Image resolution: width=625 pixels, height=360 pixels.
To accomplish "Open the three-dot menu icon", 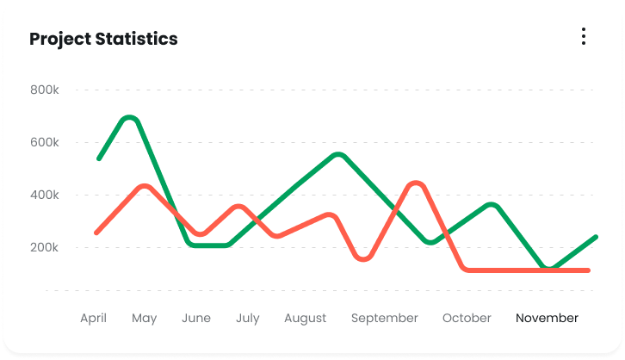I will (x=584, y=36).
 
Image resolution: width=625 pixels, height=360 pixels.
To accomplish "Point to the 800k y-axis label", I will (x=45, y=90).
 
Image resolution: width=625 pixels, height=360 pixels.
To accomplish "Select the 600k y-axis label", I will (x=45, y=142).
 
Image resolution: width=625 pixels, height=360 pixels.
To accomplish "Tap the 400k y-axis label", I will (x=45, y=195).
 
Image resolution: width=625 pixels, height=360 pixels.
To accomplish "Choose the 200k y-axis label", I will (x=45, y=247).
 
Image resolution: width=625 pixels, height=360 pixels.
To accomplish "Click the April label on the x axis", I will (x=93, y=318).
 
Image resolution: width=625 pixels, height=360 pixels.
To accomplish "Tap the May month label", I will (x=145, y=318).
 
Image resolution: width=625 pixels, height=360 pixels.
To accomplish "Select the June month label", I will (x=196, y=318).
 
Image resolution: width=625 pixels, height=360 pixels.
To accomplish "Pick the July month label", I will (x=247, y=318).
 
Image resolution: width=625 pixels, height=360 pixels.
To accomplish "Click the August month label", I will (x=306, y=318).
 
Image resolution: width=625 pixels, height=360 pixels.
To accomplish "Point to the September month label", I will (x=385, y=318).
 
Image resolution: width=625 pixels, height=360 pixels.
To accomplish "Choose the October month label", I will (x=467, y=318).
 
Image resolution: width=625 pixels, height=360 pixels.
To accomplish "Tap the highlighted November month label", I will (x=548, y=318).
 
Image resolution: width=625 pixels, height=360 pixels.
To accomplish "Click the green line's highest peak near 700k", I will (x=129, y=117).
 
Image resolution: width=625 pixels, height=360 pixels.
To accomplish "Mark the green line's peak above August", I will (x=338, y=155).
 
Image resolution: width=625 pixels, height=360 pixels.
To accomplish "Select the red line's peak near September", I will (x=416, y=183).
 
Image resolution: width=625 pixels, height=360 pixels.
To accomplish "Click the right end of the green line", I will (x=596, y=237).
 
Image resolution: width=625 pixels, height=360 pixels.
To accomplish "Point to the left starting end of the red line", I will (x=96, y=233).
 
